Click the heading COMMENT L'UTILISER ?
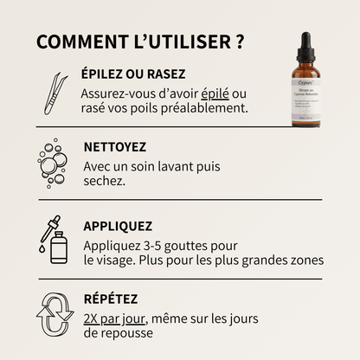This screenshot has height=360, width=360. pyautogui.click(x=139, y=42)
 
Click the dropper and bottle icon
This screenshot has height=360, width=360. pyautogui.click(x=55, y=240)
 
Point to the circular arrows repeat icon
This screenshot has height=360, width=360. pyautogui.click(x=54, y=312)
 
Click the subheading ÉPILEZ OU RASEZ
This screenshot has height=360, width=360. pyautogui.click(x=133, y=74)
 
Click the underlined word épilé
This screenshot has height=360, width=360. pyautogui.click(x=216, y=93)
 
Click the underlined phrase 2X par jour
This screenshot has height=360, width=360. pyautogui.click(x=115, y=318)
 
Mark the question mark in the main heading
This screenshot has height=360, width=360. pyautogui.click(x=237, y=42)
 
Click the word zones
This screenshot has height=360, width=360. pyautogui.click(x=307, y=259)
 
